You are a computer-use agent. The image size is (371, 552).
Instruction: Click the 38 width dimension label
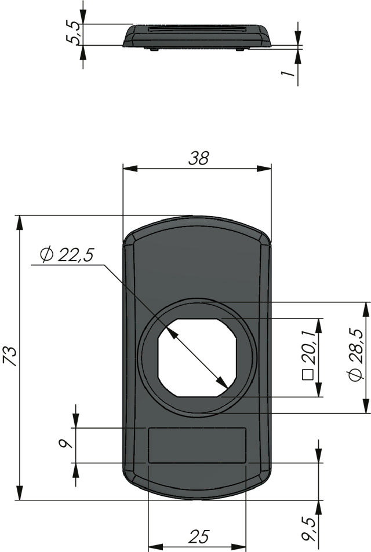pos(199,159)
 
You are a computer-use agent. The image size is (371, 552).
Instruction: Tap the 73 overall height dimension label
pos(10,356)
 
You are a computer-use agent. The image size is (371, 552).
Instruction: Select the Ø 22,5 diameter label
pos(67,255)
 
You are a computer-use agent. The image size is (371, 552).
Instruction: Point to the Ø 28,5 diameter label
pos(355,354)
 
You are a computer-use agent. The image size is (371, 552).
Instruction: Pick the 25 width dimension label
pos(199,536)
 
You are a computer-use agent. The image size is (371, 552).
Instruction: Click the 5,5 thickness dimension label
pos(74,33)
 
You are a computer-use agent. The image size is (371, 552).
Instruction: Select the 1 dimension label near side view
pos(288,73)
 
